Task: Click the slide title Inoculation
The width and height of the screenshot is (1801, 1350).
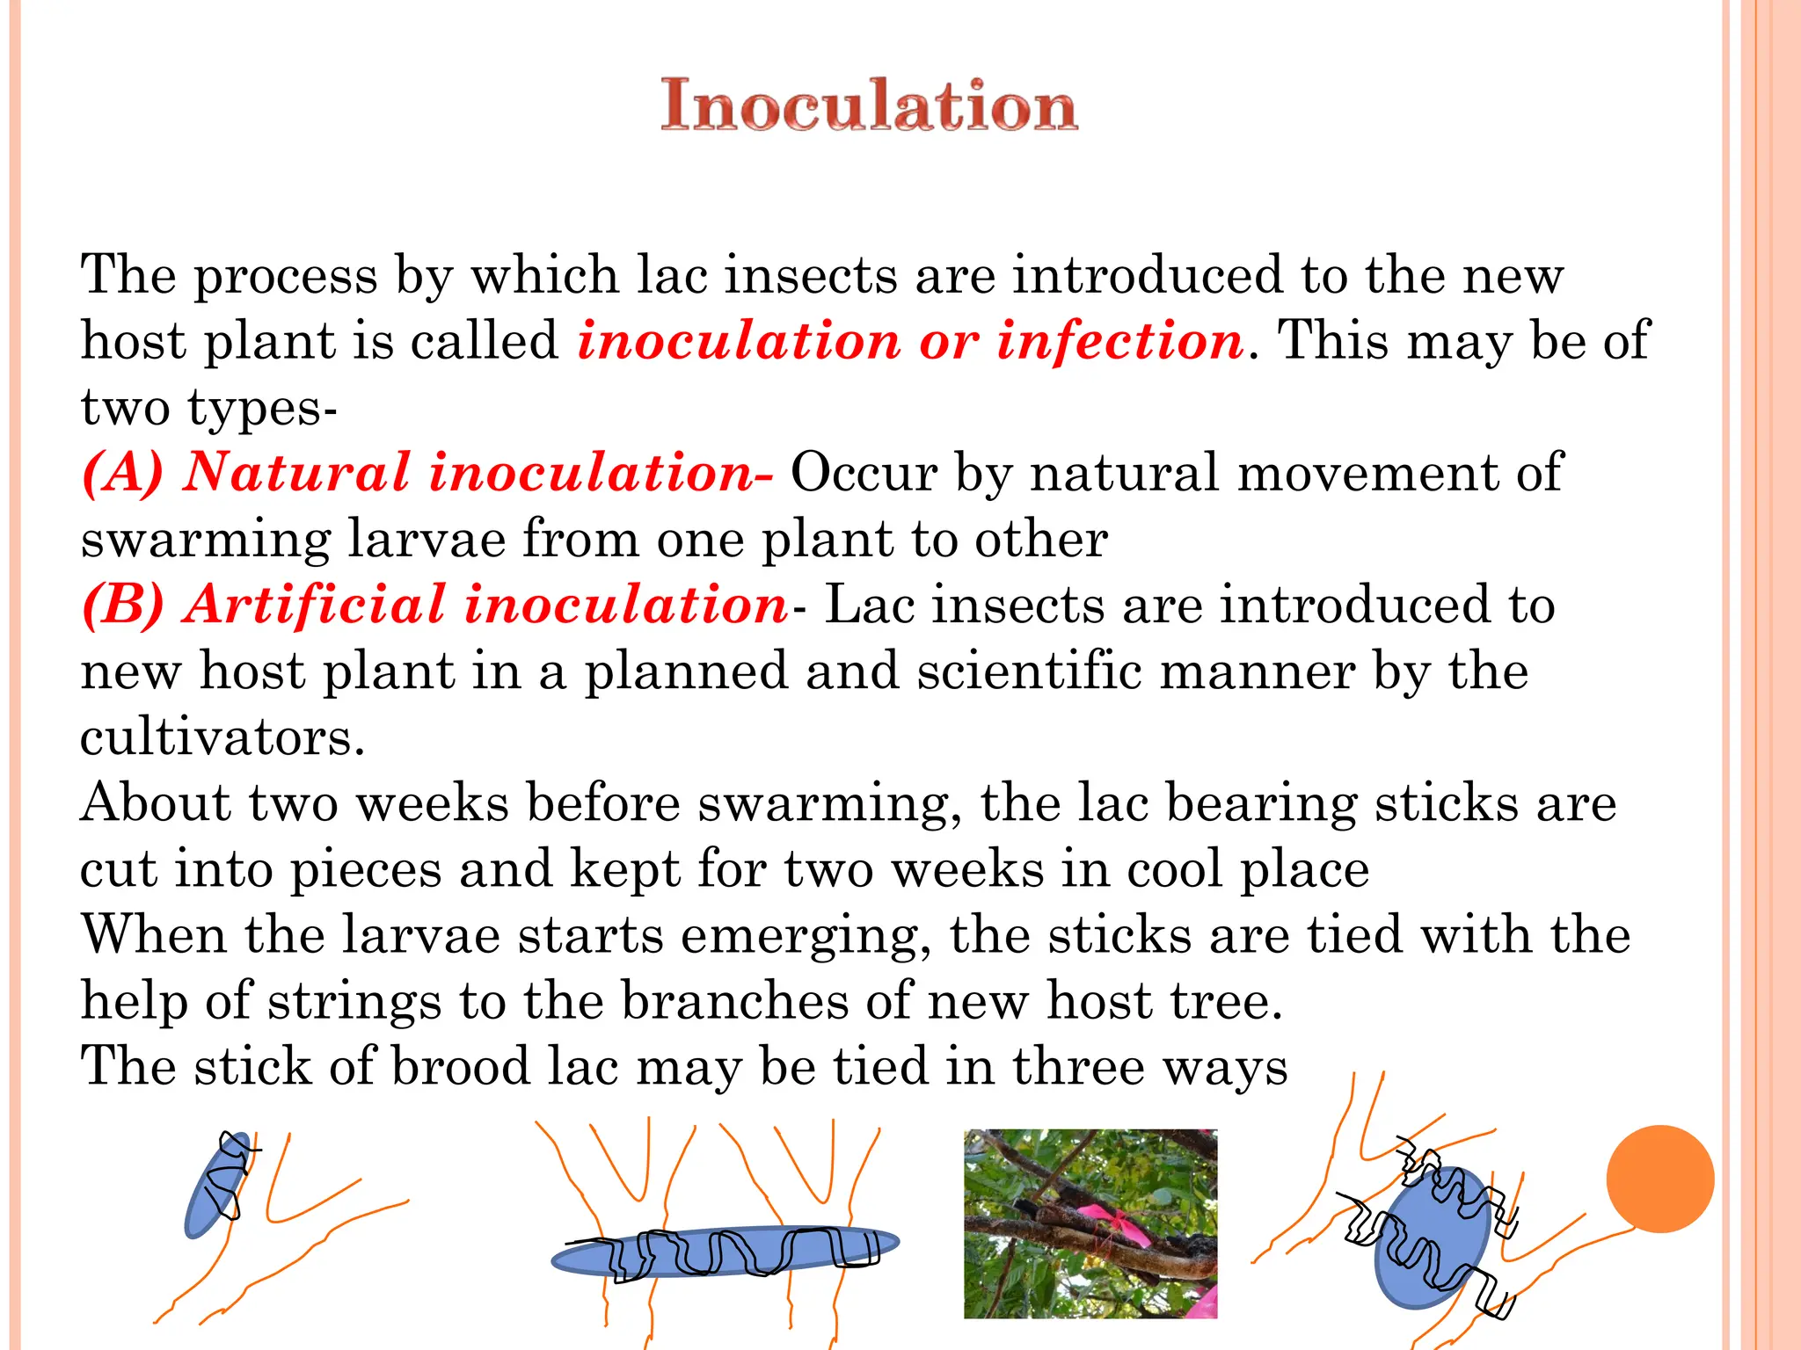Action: point(869,105)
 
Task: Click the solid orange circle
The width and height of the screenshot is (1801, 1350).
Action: point(1659,1179)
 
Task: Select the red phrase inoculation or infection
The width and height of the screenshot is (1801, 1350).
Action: point(910,341)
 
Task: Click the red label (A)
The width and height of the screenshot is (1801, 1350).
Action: point(123,473)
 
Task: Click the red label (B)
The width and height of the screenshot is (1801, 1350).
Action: point(123,605)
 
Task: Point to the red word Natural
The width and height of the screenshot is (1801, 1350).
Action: point(296,473)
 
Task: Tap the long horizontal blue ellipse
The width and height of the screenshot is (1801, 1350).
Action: point(726,1251)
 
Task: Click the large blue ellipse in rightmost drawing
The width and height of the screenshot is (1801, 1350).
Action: point(1432,1239)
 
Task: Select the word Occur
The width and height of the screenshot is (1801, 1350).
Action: point(864,473)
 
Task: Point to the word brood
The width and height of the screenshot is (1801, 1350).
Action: point(460,1067)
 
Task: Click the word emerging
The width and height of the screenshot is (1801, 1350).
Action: point(806,935)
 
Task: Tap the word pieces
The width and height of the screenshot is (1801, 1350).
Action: point(366,869)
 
